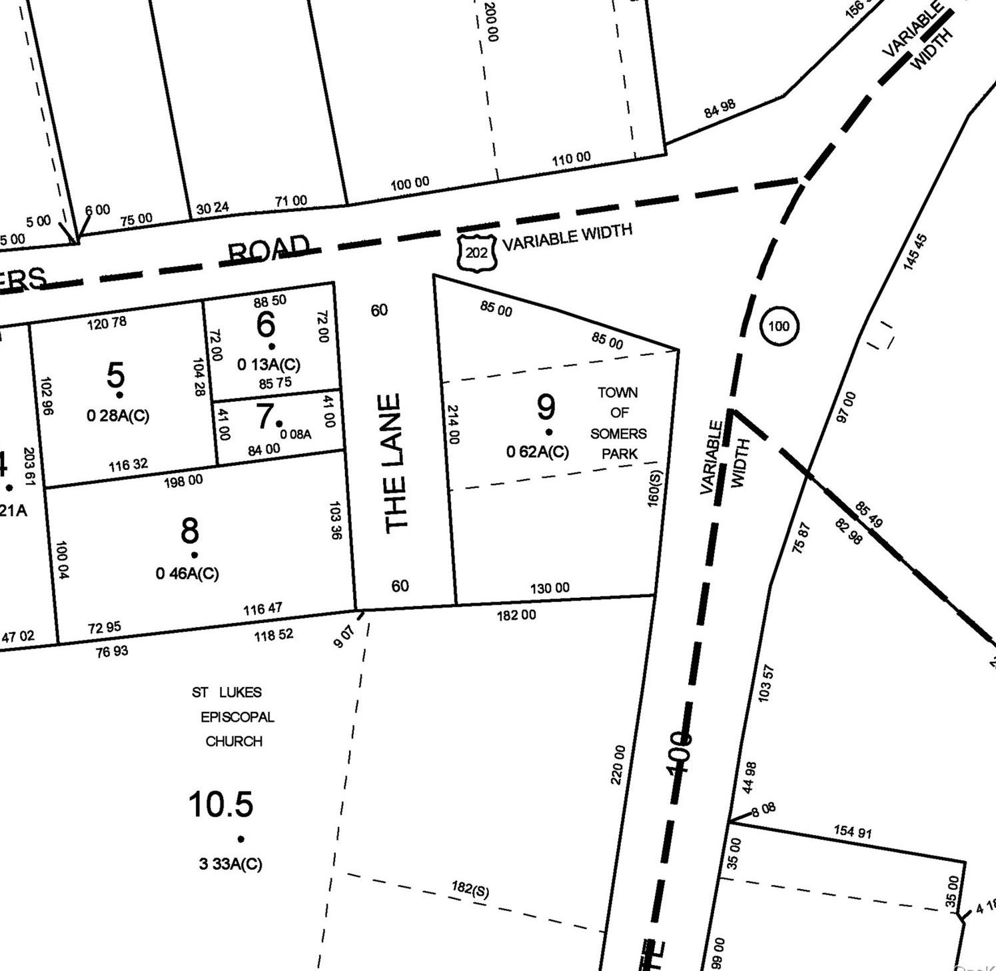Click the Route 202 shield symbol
tap(476, 253)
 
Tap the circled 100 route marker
tap(778, 326)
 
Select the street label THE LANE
tap(394, 463)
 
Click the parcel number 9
tap(546, 407)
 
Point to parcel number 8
tap(190, 531)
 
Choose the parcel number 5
tap(115, 375)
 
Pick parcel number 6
tap(265, 325)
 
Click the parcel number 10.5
tap(221, 804)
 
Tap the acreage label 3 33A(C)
tap(231, 864)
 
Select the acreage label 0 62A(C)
tap(538, 452)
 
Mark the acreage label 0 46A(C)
tap(187, 573)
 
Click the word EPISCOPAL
tap(237, 717)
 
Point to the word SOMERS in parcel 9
tap(618, 434)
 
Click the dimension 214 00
tap(453, 425)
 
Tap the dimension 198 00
tap(183, 481)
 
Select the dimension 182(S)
tap(470, 889)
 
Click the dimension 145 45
tap(915, 251)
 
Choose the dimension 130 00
tap(550, 588)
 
